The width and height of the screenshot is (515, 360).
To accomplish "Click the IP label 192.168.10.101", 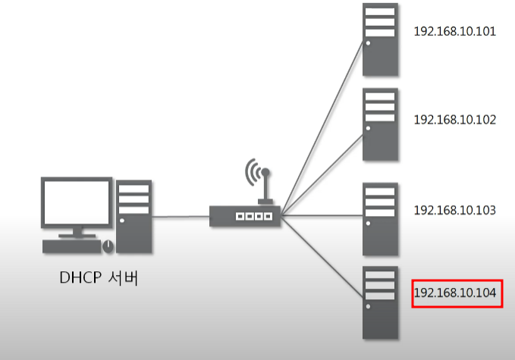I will click(454, 32).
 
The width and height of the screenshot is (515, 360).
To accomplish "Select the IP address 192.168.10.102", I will click(454, 119).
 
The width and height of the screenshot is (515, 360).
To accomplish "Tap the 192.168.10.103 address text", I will click(454, 209).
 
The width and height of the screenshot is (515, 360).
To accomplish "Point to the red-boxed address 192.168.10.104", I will click(457, 293).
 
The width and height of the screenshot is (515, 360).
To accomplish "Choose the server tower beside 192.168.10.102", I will click(380, 124).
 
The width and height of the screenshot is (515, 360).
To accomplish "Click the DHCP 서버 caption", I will click(99, 277).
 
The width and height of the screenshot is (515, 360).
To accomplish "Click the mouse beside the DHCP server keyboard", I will click(108, 246).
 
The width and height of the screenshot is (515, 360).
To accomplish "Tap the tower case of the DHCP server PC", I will click(134, 215).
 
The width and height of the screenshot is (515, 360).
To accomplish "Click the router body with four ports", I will click(245, 216).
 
